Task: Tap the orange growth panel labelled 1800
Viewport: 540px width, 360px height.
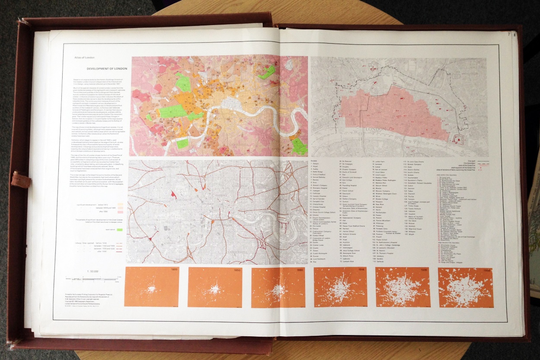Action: (152, 287)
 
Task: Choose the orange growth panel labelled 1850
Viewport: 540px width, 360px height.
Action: (215, 287)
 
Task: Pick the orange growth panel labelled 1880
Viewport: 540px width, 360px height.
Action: (277, 287)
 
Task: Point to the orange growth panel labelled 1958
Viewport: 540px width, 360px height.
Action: (465, 287)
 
